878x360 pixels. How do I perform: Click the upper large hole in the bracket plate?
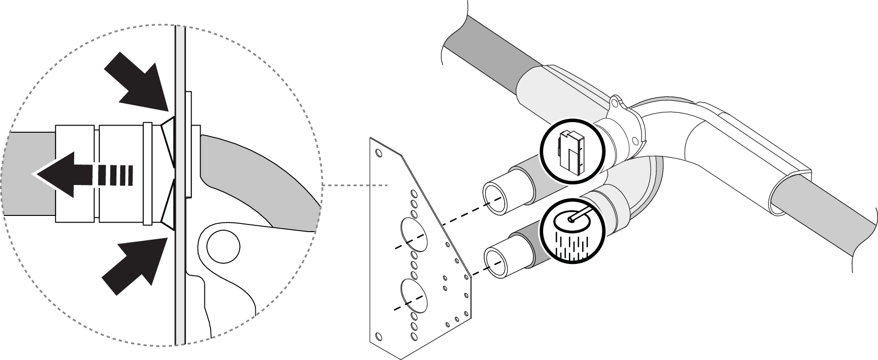413,234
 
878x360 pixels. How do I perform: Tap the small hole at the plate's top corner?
379,153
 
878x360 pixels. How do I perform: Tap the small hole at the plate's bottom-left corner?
379,336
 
